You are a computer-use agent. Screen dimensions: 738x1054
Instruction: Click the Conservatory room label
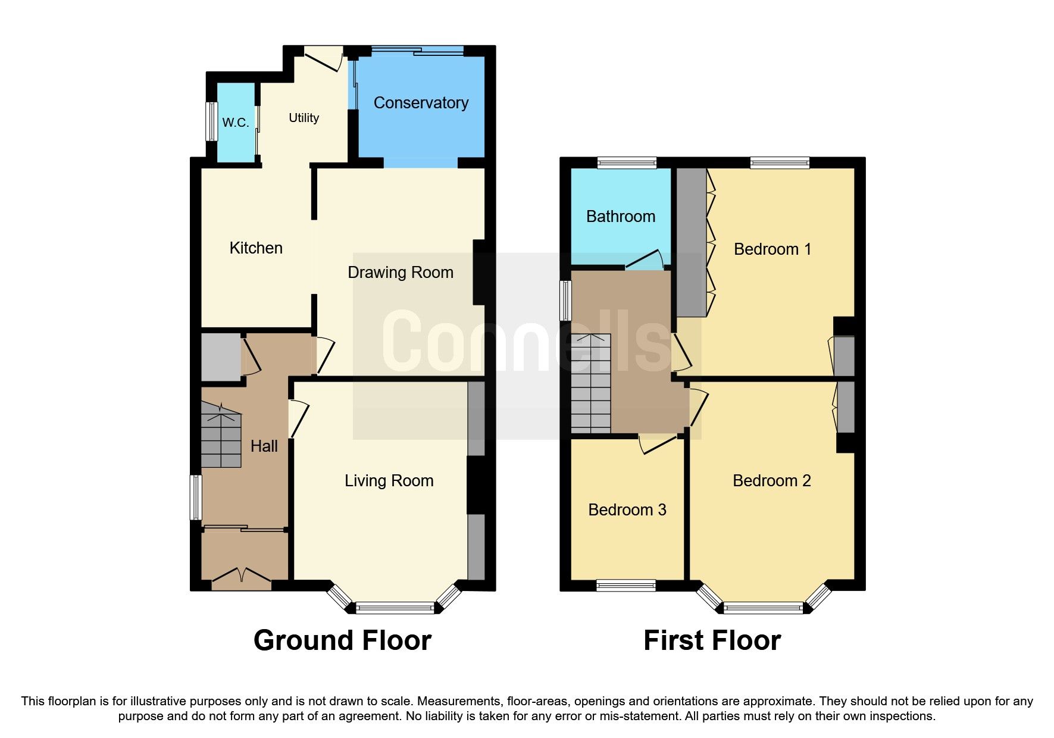pos(421,103)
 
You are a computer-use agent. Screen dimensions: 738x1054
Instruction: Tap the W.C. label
pos(236,123)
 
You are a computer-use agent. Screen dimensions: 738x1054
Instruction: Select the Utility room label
pos(304,118)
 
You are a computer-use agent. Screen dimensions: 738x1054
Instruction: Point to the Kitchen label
pos(256,248)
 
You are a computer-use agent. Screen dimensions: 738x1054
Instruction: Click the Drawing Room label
pos(400,273)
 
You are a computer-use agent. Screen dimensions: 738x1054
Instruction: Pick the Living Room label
pos(389,481)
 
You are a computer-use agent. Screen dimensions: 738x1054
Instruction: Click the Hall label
pos(264,446)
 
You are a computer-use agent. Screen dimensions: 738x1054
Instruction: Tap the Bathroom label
pos(620,217)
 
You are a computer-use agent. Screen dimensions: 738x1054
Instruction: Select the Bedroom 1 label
pos(772,249)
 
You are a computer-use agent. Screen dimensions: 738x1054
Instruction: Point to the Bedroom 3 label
pos(627,510)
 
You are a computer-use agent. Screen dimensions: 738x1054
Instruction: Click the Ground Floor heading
pos(342,641)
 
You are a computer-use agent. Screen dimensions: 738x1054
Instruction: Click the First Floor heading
pos(712,641)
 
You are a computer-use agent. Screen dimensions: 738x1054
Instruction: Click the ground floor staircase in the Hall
pos(221,436)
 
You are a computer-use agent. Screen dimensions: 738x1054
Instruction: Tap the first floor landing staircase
pos(591,383)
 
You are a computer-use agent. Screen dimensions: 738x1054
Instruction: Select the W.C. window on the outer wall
pos(211,122)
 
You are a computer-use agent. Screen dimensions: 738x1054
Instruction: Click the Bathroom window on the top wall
pos(627,162)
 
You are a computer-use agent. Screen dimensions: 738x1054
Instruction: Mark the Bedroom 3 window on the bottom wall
pos(625,586)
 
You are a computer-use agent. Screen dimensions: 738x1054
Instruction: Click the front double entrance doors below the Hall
pos(242,577)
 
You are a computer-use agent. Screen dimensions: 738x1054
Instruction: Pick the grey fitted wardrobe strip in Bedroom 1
pos(691,243)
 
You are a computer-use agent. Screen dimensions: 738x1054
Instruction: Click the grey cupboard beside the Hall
pos(221,357)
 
